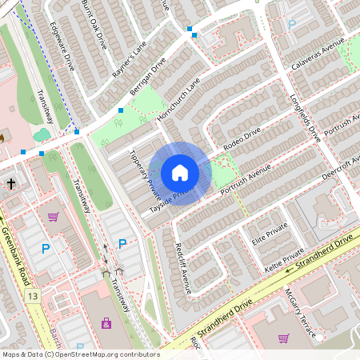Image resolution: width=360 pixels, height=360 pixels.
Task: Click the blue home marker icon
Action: (180, 173)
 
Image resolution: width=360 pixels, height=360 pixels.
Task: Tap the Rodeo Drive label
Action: (243, 142)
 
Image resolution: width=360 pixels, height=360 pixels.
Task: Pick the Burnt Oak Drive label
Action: (94, 25)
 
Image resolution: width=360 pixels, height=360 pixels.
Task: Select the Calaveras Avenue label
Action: (318, 56)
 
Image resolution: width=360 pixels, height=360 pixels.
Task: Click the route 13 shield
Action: (32, 297)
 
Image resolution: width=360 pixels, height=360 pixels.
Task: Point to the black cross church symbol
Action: (11, 184)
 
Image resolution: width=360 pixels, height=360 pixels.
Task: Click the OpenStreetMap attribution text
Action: (80, 354)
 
